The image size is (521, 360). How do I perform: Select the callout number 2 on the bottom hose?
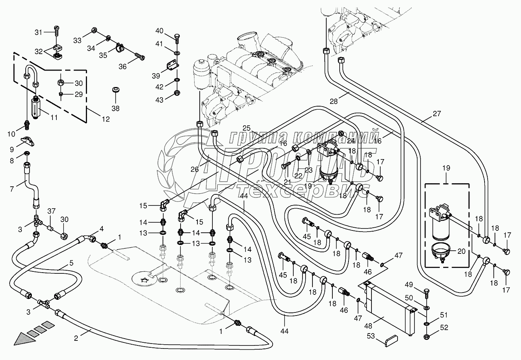[76, 338]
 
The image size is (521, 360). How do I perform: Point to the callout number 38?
[115, 108]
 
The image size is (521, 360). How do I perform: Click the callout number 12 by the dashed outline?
[105, 119]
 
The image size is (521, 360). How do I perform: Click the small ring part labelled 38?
[115, 90]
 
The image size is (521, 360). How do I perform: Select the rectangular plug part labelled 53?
[391, 340]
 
